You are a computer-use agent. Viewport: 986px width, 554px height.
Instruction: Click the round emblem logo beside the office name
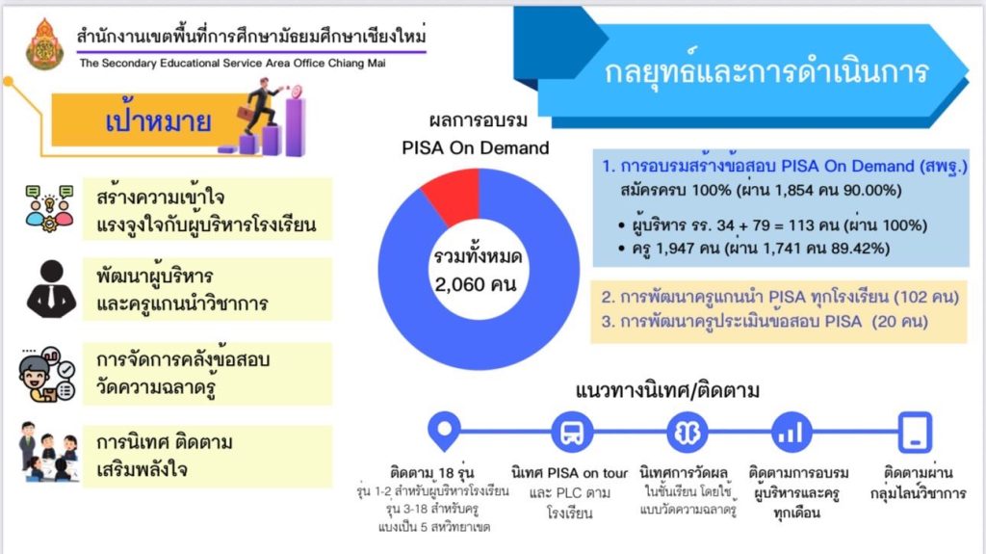[44, 44]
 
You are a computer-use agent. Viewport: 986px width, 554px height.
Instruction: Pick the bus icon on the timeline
[572, 433]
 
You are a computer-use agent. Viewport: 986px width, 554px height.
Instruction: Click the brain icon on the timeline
[688, 433]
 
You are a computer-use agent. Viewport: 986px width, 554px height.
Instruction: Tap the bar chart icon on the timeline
[791, 433]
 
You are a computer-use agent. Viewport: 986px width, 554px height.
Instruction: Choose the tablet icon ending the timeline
[915, 433]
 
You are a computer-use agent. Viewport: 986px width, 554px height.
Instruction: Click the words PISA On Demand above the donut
[476, 148]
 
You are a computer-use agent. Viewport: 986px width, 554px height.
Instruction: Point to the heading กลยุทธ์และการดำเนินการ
[765, 70]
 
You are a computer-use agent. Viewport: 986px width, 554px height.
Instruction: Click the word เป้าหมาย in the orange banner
[158, 120]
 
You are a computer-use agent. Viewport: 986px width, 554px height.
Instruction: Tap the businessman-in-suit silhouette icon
[52, 289]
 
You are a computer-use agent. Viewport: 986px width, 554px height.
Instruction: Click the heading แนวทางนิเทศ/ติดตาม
[667, 391]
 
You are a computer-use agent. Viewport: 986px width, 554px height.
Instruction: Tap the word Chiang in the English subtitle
[346, 63]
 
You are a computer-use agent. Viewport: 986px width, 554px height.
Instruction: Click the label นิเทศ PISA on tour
[570, 473]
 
